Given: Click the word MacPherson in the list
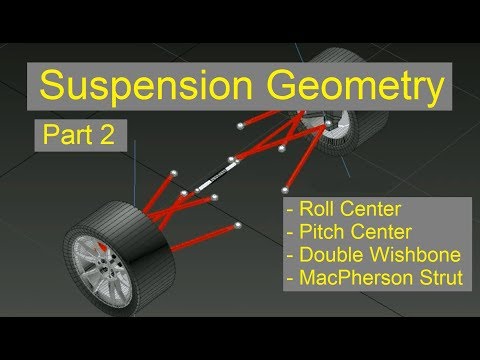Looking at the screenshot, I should pyautogui.click(x=350, y=278).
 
